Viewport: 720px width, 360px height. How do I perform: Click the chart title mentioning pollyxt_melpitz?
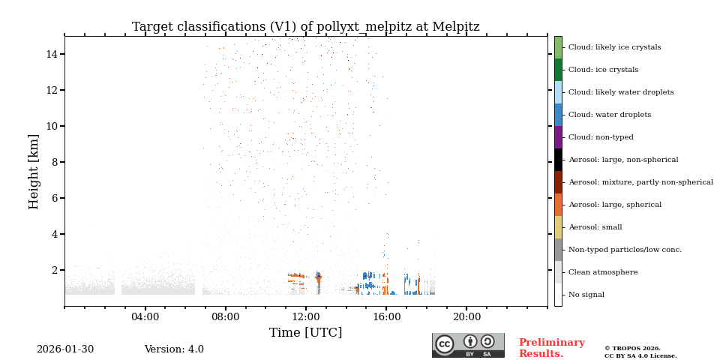pyautogui.click(x=305, y=27)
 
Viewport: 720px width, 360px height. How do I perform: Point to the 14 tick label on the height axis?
pyautogui.click(x=52, y=54)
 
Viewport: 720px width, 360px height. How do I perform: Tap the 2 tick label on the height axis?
pyautogui.click(x=55, y=270)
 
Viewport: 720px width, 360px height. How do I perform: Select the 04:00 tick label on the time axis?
pyautogui.click(x=145, y=317)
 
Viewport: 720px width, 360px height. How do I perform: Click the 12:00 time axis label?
pyautogui.click(x=306, y=317)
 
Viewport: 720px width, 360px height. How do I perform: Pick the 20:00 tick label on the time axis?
pyautogui.click(x=466, y=317)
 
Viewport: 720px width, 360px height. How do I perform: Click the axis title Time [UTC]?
pyautogui.click(x=305, y=333)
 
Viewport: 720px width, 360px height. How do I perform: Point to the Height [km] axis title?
pyautogui.click(x=34, y=171)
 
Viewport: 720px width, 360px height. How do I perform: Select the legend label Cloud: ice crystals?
pyautogui.click(x=603, y=70)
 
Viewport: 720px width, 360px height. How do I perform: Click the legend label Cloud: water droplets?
pyautogui.click(x=609, y=115)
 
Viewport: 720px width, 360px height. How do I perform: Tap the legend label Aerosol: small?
pyautogui.click(x=595, y=227)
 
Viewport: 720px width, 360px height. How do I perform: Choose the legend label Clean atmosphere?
pyautogui.click(x=603, y=272)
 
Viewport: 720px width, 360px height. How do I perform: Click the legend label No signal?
pyautogui.click(x=586, y=295)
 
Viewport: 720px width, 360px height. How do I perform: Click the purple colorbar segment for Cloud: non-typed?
pyautogui.click(x=558, y=137)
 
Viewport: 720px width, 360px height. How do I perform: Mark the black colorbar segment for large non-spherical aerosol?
pyautogui.click(x=558, y=160)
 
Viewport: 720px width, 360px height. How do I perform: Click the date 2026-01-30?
pyautogui.click(x=65, y=349)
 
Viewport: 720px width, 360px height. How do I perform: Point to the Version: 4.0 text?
pyautogui.click(x=174, y=349)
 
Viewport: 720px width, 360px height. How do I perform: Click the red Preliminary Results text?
pyautogui.click(x=551, y=348)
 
